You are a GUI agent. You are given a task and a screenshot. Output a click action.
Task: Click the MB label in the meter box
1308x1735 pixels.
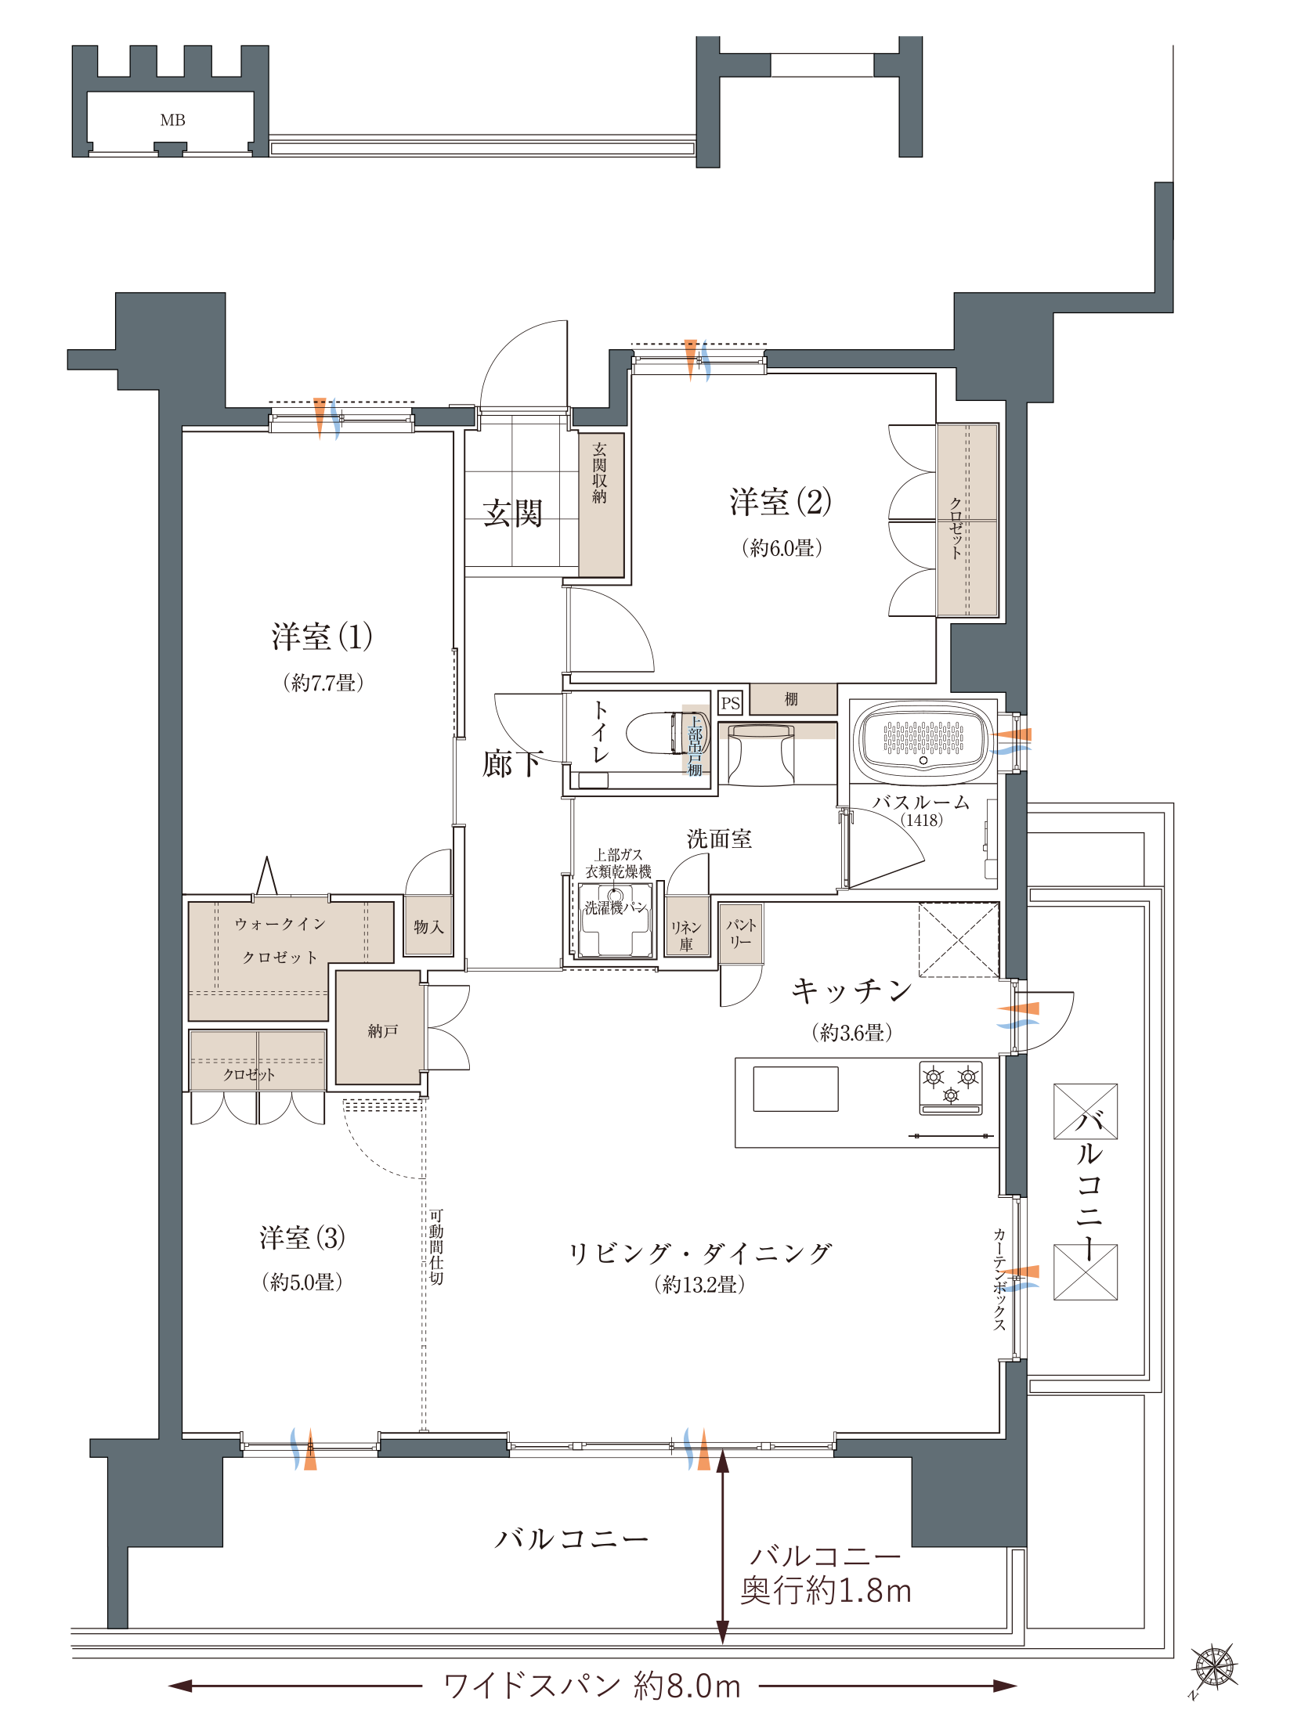coord(172,120)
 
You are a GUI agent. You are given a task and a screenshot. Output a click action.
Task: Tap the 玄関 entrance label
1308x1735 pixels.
coord(512,513)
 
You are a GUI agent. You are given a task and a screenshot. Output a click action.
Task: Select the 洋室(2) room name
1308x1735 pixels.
coord(780,502)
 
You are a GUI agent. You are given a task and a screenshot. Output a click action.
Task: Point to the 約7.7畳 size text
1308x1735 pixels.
coord(323,683)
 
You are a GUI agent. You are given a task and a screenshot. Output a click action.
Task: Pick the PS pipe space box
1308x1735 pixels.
coord(731,703)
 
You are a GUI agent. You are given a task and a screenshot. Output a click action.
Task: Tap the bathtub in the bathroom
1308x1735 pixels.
coord(923,739)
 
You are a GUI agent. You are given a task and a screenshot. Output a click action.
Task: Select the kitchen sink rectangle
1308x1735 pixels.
coord(796,1089)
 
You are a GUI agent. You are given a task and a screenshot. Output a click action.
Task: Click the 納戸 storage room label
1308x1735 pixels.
coord(383,1031)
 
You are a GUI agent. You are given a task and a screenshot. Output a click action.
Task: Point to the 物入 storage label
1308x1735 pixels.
coord(428,927)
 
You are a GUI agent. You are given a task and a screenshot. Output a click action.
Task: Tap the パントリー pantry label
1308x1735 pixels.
coord(741,933)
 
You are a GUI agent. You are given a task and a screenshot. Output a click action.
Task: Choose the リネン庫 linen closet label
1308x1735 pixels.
coord(686,936)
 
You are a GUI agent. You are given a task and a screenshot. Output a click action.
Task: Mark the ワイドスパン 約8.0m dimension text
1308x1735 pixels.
coord(592,1686)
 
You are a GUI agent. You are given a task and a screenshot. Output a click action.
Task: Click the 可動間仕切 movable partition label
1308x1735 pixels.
coord(436,1247)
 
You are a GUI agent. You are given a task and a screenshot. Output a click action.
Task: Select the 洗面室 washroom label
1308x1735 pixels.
coord(720,839)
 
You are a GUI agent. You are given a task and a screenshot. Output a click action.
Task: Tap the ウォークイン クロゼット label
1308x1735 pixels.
coord(280,940)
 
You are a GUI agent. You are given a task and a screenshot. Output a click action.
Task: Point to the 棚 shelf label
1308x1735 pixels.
coord(792,699)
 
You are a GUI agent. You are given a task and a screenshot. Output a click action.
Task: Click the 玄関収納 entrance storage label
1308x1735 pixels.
coord(599,473)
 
